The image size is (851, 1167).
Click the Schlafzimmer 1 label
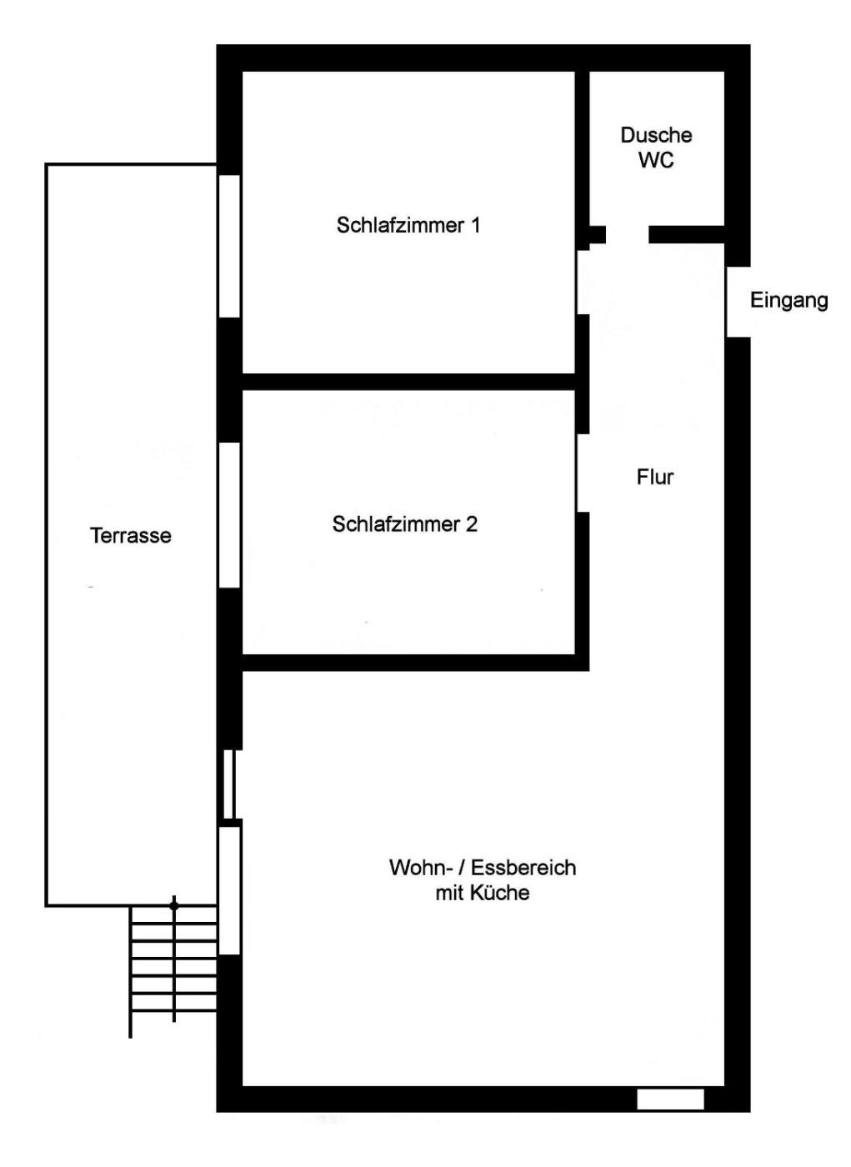(x=408, y=226)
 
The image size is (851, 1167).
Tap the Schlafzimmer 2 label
(x=405, y=524)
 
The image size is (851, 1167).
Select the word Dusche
(x=656, y=135)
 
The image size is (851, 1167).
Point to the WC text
(x=656, y=160)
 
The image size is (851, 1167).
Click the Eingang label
(x=788, y=301)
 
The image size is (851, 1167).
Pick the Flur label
(x=654, y=477)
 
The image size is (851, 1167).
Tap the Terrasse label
(x=131, y=535)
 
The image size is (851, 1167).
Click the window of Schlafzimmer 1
(x=229, y=246)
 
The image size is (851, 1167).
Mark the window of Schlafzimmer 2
(x=229, y=515)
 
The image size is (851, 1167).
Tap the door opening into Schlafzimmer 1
(x=583, y=283)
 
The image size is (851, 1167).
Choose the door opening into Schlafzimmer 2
(x=583, y=473)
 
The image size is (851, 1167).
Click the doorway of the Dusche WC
(x=628, y=234)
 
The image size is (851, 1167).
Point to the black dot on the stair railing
(x=174, y=906)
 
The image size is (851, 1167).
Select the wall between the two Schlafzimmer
(x=409, y=382)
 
